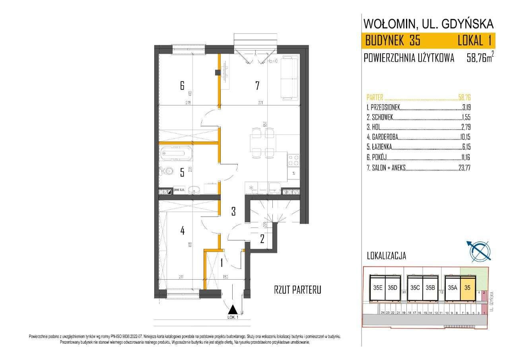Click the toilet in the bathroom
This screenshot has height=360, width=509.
coord(168,171)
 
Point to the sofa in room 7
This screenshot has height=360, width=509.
coord(289,78)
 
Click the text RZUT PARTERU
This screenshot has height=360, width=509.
coord(297,290)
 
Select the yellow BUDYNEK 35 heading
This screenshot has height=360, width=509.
coord(393,40)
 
